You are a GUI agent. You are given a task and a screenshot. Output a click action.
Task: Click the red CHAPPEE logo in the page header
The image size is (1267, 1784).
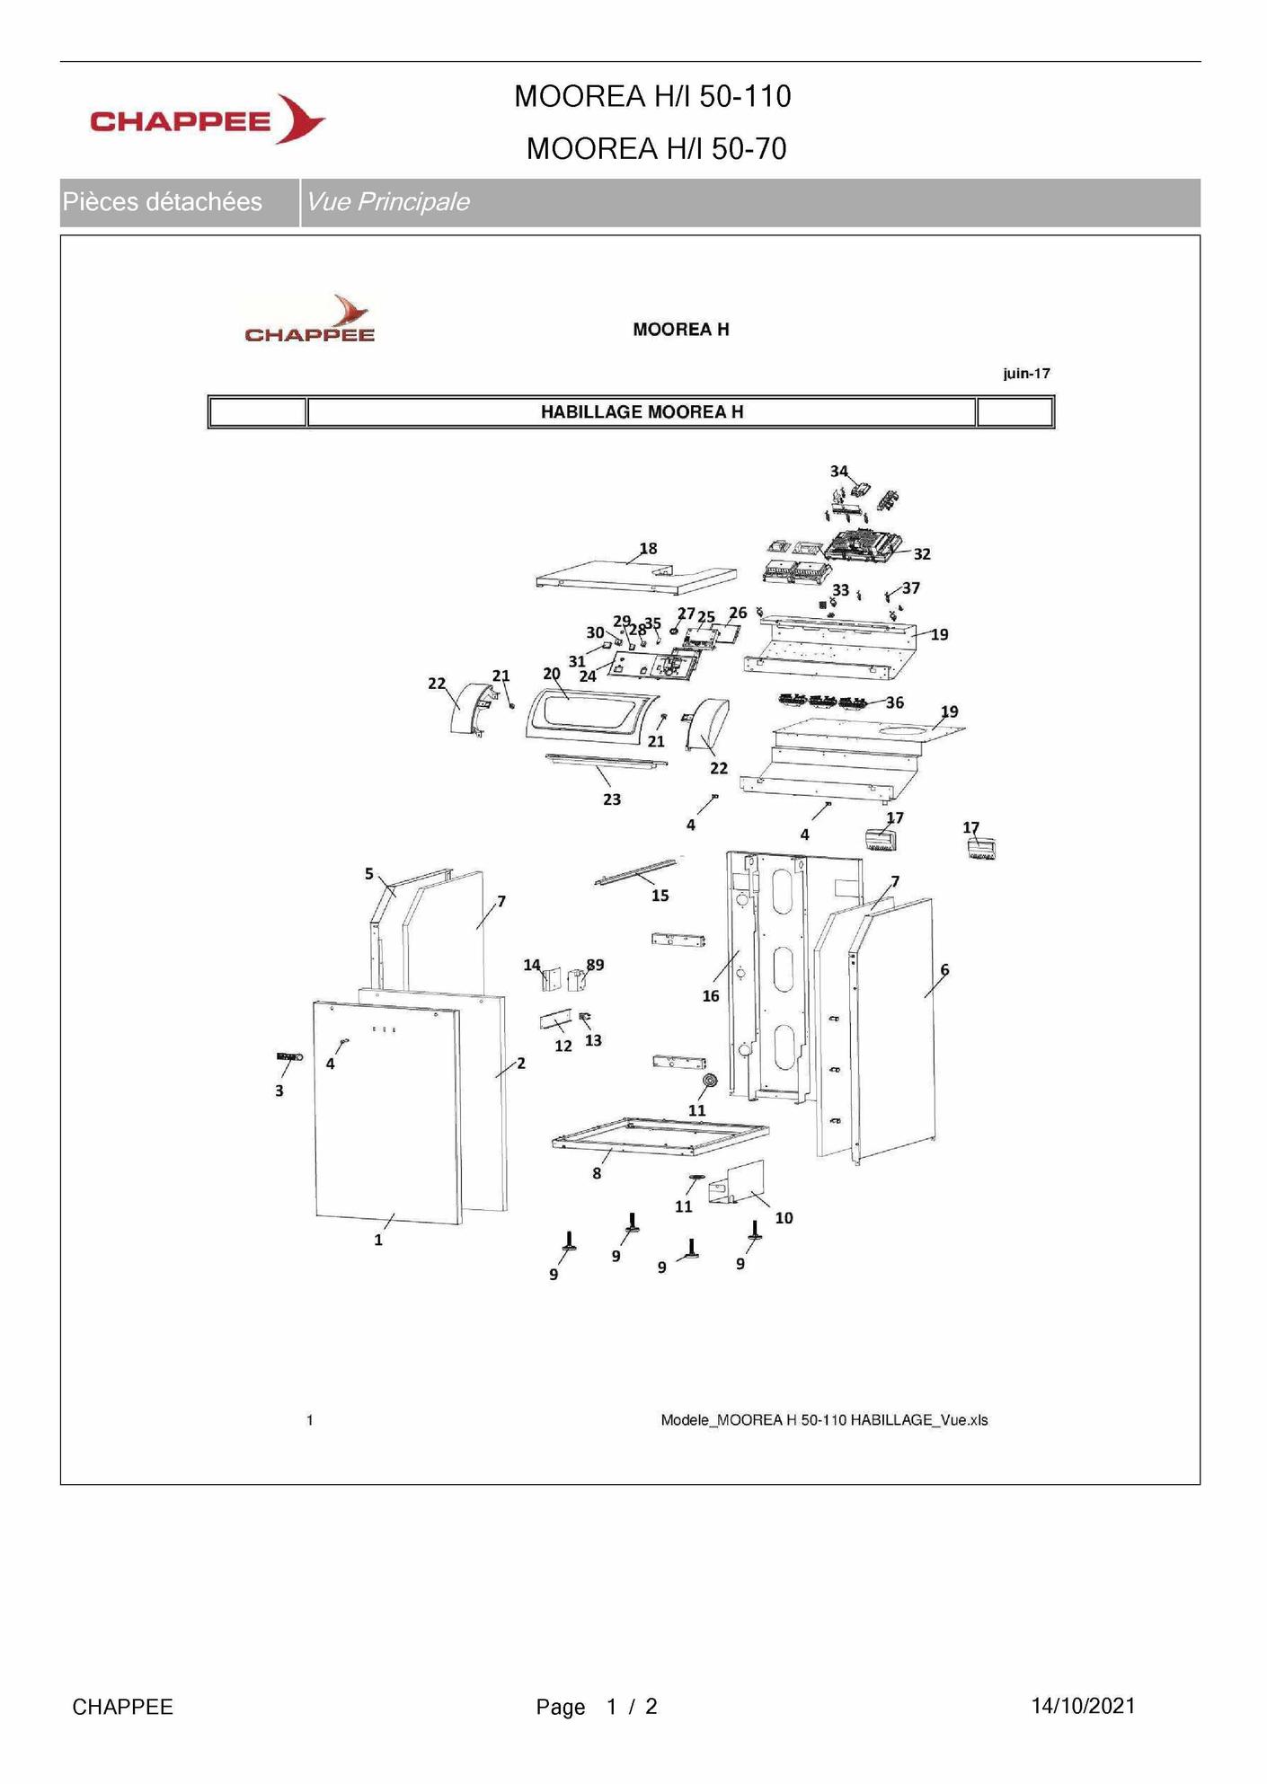(207, 119)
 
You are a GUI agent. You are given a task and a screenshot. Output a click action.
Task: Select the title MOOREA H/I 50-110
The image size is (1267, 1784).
(652, 96)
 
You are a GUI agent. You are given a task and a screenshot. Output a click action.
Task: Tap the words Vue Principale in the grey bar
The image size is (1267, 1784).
(387, 202)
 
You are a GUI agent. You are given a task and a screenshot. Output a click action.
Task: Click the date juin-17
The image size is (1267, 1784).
(1026, 374)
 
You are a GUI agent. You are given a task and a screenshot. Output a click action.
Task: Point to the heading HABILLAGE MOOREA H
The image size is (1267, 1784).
(642, 412)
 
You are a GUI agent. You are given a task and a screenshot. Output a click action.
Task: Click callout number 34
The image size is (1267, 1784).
(838, 472)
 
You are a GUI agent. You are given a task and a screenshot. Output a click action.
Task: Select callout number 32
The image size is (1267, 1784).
(922, 554)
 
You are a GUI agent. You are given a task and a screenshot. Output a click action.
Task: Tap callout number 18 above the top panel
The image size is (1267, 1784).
(648, 549)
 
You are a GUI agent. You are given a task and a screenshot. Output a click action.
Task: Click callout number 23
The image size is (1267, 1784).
(612, 799)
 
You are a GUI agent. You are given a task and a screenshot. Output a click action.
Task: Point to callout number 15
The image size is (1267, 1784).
(660, 896)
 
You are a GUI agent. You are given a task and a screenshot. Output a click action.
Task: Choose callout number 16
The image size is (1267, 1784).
(711, 996)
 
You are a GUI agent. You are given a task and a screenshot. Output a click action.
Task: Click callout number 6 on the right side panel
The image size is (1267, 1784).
(944, 970)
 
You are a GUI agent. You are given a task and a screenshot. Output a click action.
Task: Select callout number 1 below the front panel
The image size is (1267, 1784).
(378, 1241)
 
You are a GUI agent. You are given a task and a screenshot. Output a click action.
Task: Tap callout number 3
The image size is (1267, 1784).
(279, 1091)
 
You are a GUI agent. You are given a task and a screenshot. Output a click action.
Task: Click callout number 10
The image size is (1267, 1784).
(784, 1218)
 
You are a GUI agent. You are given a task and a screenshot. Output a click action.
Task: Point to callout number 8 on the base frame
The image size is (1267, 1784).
(597, 1173)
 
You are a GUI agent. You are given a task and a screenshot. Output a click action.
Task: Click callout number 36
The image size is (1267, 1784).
(895, 702)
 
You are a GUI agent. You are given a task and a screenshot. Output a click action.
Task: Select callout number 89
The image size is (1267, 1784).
(595, 966)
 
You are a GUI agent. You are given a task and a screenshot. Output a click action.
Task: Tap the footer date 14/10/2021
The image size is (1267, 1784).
(1083, 1707)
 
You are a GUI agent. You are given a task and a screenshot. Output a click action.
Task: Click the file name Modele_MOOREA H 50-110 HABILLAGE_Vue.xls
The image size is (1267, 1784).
(824, 1420)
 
